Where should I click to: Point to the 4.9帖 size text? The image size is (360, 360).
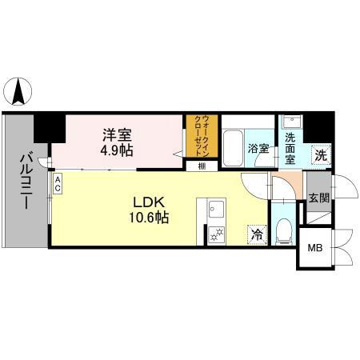click(117, 150)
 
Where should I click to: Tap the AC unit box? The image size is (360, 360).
click(58, 184)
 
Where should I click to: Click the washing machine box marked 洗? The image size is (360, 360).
click(319, 155)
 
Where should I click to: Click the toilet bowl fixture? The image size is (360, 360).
click(282, 233)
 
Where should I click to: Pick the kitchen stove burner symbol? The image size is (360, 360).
click(217, 234)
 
